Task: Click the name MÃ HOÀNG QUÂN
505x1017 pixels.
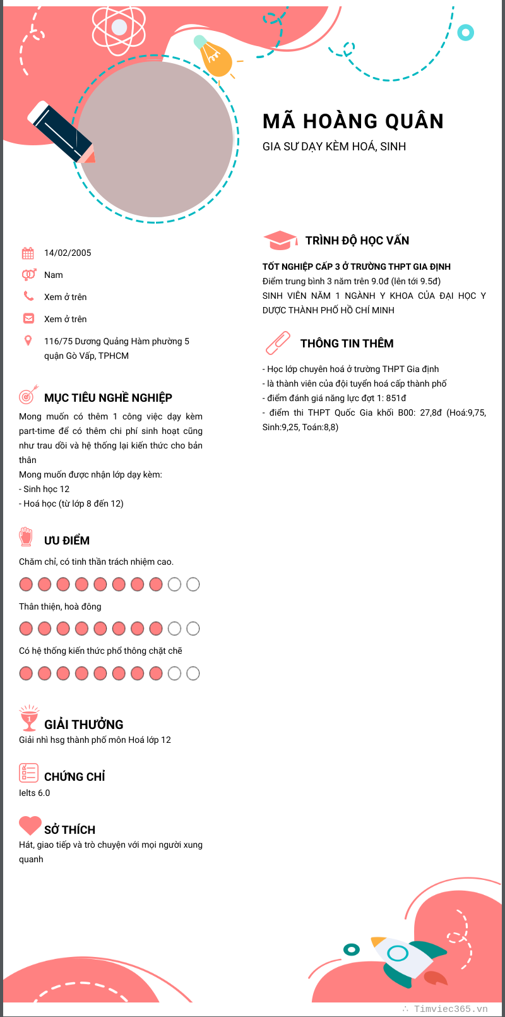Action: (x=353, y=121)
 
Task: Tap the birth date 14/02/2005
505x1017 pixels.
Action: (x=68, y=253)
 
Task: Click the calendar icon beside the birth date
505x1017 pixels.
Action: (x=28, y=253)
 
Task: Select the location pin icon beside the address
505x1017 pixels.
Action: (x=28, y=341)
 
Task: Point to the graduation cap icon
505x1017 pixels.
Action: (x=280, y=240)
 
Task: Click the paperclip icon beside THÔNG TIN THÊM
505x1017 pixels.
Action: (x=278, y=343)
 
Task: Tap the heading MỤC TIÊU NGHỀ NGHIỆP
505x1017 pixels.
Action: (x=108, y=397)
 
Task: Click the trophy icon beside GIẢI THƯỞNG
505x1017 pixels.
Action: (x=28, y=718)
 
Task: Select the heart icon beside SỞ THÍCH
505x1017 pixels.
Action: (x=30, y=825)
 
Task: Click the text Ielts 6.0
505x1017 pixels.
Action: (x=35, y=793)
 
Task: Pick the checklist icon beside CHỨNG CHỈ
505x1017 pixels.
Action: (x=28, y=773)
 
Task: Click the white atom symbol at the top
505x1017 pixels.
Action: (x=119, y=27)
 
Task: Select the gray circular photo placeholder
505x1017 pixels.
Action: (x=155, y=140)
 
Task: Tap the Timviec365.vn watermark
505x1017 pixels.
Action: (x=450, y=1009)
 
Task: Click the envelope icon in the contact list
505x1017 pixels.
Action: (x=28, y=318)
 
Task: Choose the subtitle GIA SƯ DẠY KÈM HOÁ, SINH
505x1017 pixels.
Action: (x=334, y=147)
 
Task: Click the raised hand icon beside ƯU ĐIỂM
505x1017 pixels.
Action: (x=26, y=537)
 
